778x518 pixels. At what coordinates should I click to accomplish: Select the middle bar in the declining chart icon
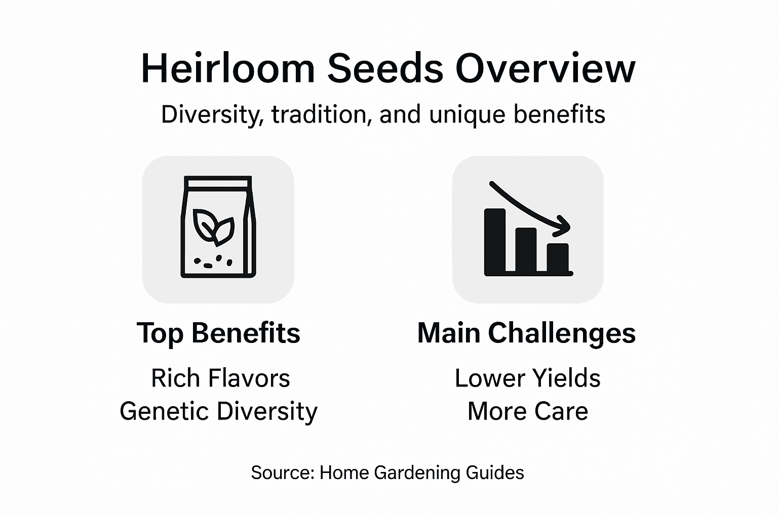pyautogui.click(x=526, y=250)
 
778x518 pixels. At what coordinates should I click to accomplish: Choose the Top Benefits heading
pyautogui.click(x=218, y=333)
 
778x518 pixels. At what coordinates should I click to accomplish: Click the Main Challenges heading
pyautogui.click(x=526, y=333)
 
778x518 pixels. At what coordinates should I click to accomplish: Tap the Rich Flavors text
pyautogui.click(x=220, y=378)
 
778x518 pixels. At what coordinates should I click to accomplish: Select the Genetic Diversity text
pyautogui.click(x=218, y=411)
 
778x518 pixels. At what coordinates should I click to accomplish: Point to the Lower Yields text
pyautogui.click(x=527, y=378)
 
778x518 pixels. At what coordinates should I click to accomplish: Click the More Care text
pyautogui.click(x=527, y=411)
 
